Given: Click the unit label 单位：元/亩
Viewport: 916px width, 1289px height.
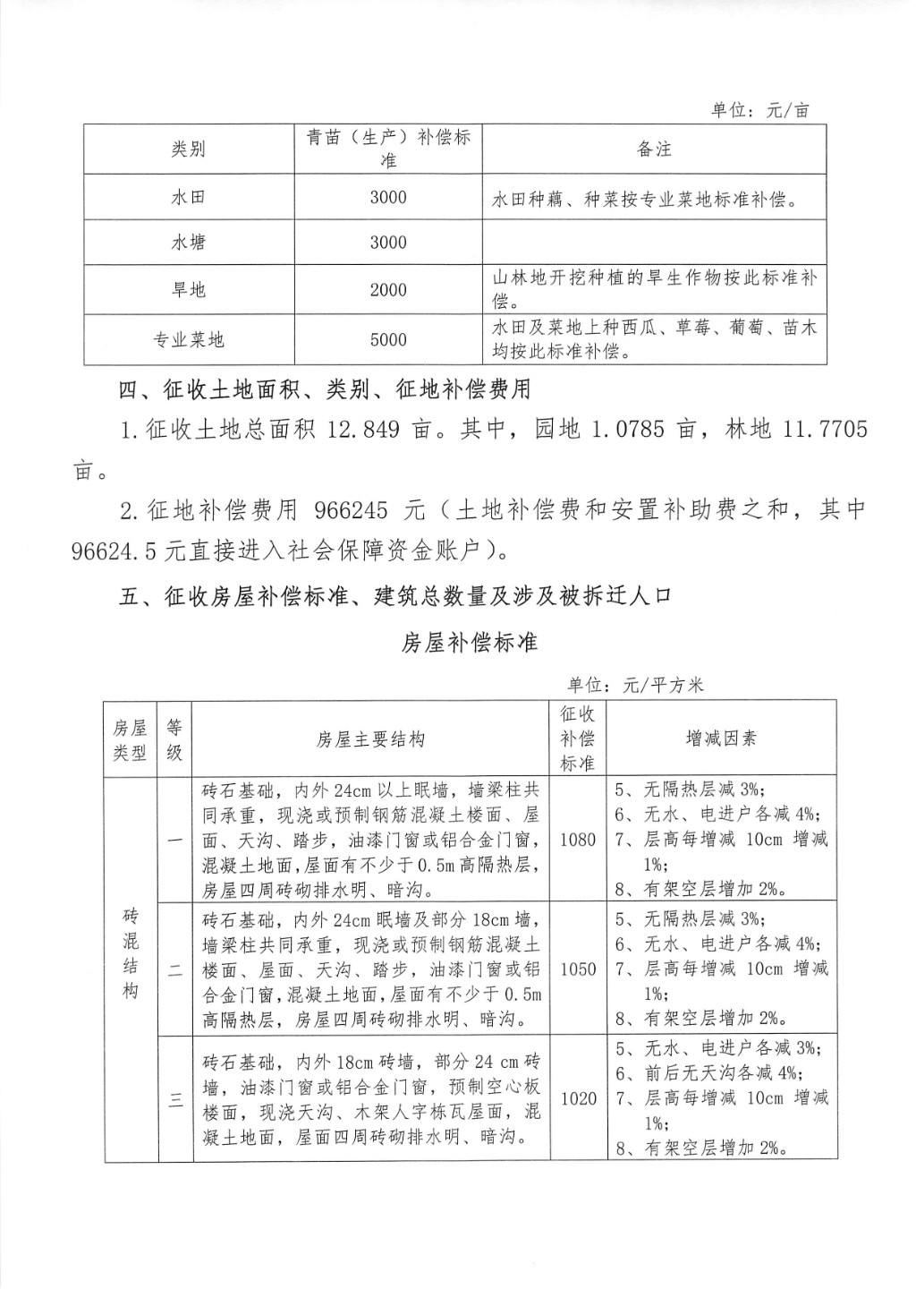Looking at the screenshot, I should pyautogui.click(x=759, y=110).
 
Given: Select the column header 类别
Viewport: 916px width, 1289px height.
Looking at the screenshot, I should pyautogui.click(x=189, y=149).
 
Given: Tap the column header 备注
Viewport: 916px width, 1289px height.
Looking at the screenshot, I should pyautogui.click(x=654, y=149).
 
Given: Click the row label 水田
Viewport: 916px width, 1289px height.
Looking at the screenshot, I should pyautogui.click(x=189, y=198).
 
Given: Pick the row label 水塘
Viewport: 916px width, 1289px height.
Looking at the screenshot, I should pyautogui.click(x=189, y=242).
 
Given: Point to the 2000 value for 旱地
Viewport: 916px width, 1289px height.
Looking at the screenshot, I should pyautogui.click(x=388, y=290).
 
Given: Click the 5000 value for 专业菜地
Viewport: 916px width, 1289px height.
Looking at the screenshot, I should pyautogui.click(x=388, y=339).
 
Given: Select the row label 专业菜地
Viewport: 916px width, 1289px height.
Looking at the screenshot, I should pyautogui.click(x=189, y=339).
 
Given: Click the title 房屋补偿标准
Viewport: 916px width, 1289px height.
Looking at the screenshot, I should pyautogui.click(x=469, y=642).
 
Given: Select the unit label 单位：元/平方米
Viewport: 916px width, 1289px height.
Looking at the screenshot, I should pyautogui.click(x=635, y=686).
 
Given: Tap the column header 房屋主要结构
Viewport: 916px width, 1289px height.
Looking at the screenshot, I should pyautogui.click(x=370, y=739).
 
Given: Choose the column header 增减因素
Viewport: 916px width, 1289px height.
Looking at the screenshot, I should pyautogui.click(x=721, y=738).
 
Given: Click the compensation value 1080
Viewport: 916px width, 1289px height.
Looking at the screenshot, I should pyautogui.click(x=577, y=840).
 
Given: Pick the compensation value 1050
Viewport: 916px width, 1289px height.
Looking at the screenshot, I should pyautogui.click(x=577, y=969).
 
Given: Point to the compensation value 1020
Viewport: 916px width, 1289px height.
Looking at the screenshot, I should pyautogui.click(x=577, y=1098).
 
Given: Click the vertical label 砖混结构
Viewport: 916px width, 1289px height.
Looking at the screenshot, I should pyautogui.click(x=131, y=953).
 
